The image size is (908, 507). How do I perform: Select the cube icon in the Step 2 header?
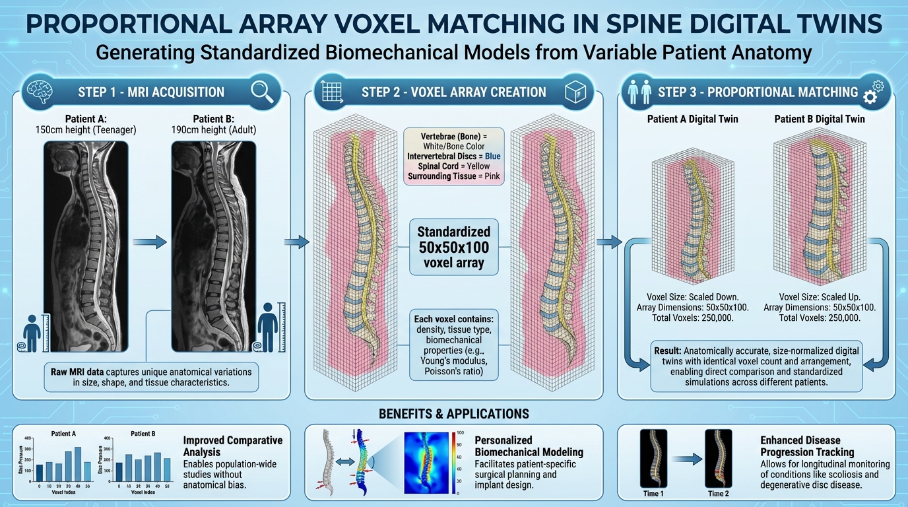pos(575,92)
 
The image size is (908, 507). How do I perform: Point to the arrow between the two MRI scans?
pos(150,242)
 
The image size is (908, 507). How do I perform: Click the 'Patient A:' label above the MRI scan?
pos(85,119)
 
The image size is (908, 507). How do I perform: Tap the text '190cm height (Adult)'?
pos(214,130)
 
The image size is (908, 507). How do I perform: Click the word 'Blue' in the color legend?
pos(493,156)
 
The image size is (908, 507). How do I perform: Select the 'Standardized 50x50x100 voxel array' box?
pos(453,248)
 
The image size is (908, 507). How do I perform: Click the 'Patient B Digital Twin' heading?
pos(819,119)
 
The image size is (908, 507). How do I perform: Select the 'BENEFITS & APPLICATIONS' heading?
pos(453,415)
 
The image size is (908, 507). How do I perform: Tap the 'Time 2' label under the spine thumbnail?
pos(718,493)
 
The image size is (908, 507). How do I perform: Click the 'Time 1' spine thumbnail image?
pos(653,458)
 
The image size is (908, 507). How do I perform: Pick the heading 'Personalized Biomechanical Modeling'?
pos(529,446)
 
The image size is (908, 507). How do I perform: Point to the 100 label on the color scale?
pos(461,433)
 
